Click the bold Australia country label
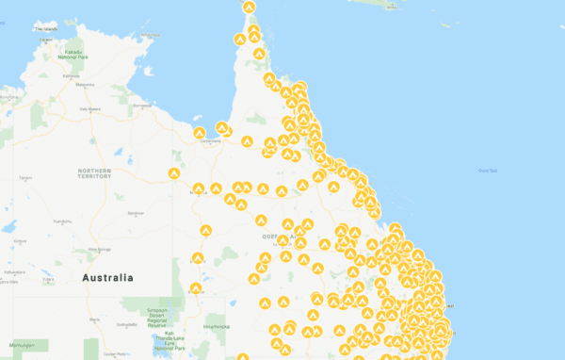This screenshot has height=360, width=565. (107, 278)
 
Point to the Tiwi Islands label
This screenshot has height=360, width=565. (45, 28)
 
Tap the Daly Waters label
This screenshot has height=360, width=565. (89, 108)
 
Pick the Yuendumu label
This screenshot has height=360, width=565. (58, 221)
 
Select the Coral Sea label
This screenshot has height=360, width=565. (487, 170)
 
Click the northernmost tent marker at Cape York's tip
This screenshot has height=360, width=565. (249, 8)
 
